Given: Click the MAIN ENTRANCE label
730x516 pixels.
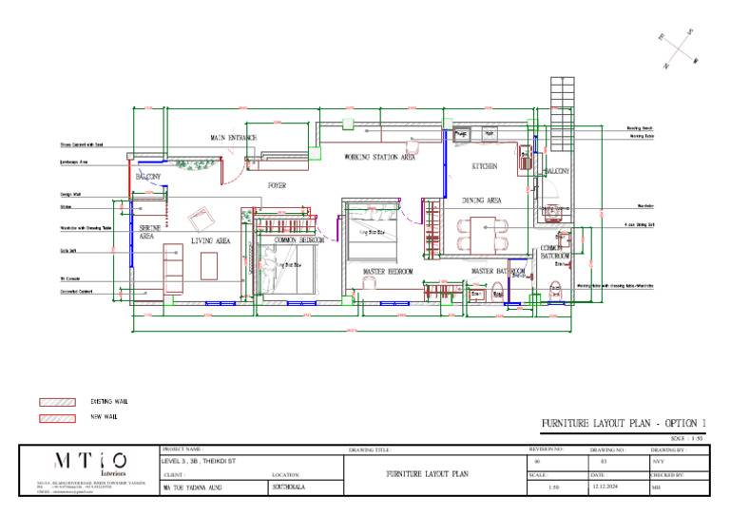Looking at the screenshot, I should [x=233, y=139].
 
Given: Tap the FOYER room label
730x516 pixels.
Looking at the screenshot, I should [x=277, y=186].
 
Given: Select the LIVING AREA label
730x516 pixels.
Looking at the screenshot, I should [x=210, y=242].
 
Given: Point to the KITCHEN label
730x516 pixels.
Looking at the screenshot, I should [x=485, y=166].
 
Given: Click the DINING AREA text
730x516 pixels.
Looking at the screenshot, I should [x=482, y=201].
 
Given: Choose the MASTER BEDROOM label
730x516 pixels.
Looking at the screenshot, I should [x=388, y=272].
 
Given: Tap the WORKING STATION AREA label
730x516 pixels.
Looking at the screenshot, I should [x=379, y=158].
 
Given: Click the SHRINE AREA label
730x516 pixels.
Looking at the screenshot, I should [x=149, y=232].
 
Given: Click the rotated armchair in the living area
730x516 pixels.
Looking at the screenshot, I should [x=202, y=219].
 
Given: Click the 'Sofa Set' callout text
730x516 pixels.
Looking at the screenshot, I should [x=67, y=252].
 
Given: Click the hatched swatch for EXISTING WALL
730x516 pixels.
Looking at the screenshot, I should [x=57, y=402].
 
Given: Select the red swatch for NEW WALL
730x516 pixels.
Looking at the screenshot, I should [x=57, y=418].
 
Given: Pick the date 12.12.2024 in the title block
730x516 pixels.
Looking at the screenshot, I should [x=605, y=487].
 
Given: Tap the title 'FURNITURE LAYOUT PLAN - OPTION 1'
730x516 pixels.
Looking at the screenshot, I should [x=624, y=423].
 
